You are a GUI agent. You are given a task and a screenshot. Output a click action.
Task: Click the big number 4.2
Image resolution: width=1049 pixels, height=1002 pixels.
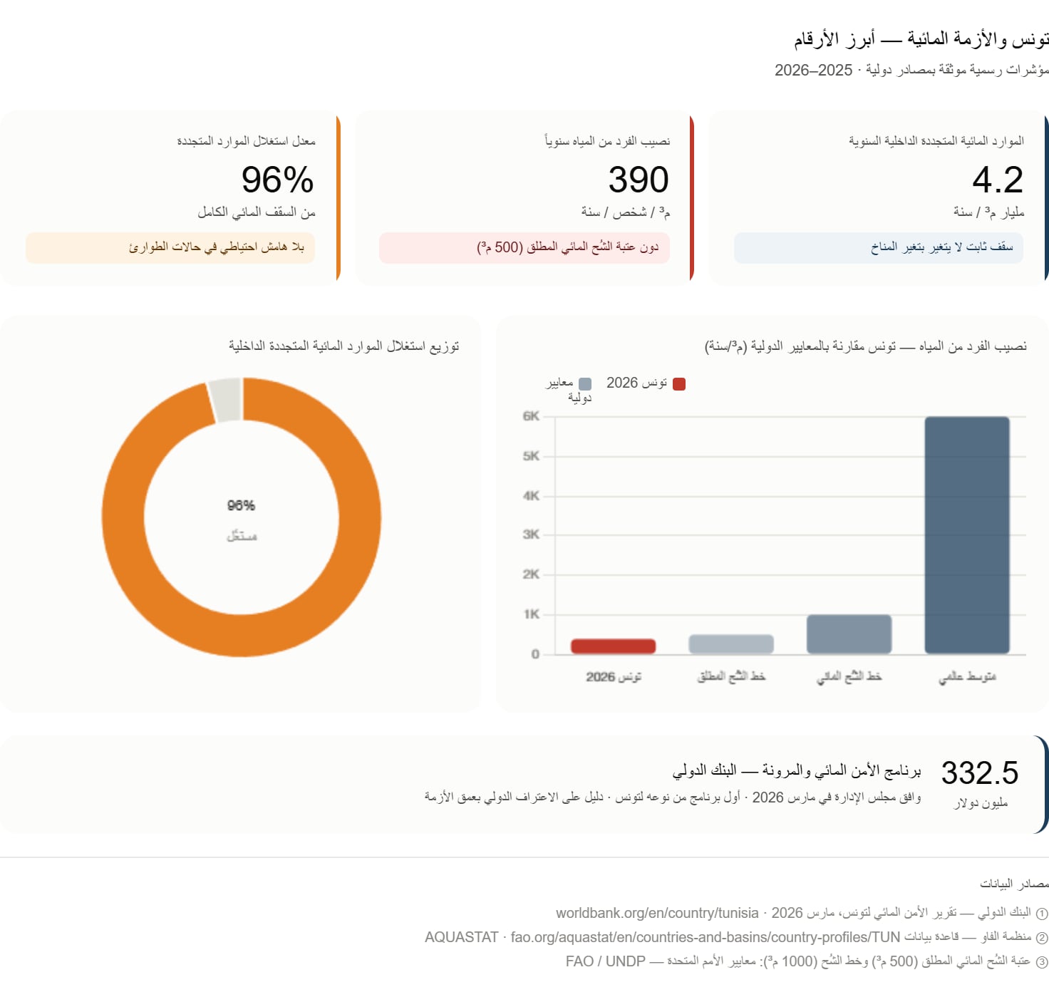[x=997, y=180]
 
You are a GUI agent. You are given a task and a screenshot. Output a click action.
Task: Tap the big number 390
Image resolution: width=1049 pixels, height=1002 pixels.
[x=639, y=180]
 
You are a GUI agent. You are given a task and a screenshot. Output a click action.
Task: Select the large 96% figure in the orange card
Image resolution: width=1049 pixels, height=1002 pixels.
[x=278, y=180]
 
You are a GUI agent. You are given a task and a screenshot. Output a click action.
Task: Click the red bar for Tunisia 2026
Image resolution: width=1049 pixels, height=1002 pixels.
[x=613, y=646]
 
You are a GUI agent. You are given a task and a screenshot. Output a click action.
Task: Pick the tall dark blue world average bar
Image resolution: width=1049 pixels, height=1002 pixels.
[x=967, y=535]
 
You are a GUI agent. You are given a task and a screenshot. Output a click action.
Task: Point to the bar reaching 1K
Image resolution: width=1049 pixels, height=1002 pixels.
[x=849, y=634]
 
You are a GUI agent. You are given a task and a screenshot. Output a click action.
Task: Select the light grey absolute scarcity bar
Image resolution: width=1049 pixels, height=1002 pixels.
[x=731, y=644]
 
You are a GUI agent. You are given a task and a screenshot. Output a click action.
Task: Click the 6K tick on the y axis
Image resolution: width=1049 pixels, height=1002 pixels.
[x=531, y=416]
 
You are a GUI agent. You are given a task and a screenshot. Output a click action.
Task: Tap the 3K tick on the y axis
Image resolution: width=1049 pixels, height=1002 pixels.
[x=531, y=534]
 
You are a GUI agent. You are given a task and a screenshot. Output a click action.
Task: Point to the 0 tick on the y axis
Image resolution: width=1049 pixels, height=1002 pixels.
[x=534, y=654]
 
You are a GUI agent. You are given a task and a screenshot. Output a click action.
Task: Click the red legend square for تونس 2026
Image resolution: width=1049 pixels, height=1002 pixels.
[x=679, y=384]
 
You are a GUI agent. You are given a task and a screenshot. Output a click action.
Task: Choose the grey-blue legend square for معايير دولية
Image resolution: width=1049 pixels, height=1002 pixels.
[x=585, y=384]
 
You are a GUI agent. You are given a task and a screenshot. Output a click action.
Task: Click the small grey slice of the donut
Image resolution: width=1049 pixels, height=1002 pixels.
[x=225, y=399]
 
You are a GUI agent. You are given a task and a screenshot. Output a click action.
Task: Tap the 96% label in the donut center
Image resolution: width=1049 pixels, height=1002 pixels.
[x=241, y=505]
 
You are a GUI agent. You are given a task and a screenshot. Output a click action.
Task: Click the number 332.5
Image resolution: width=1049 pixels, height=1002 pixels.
[x=980, y=773]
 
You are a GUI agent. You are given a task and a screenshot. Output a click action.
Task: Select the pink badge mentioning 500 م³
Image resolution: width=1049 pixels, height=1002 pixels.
[x=524, y=248]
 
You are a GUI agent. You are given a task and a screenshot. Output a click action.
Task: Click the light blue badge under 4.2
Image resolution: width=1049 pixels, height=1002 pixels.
[x=879, y=248]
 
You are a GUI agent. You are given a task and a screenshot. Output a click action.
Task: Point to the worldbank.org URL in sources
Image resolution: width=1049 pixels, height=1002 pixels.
[x=657, y=913]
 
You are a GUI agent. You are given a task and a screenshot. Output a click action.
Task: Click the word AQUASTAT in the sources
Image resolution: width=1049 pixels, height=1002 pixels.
[x=461, y=937]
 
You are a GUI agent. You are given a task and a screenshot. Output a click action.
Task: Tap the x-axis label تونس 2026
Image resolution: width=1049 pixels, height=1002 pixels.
[x=614, y=676]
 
